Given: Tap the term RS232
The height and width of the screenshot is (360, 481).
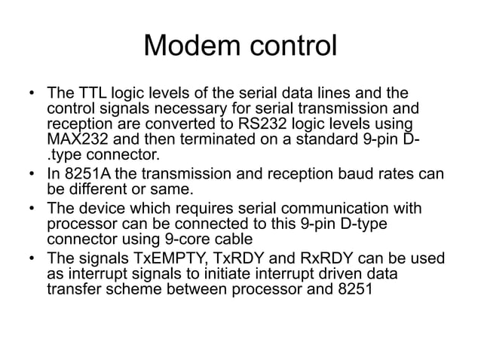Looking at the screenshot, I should pyautogui.click(x=253, y=125).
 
